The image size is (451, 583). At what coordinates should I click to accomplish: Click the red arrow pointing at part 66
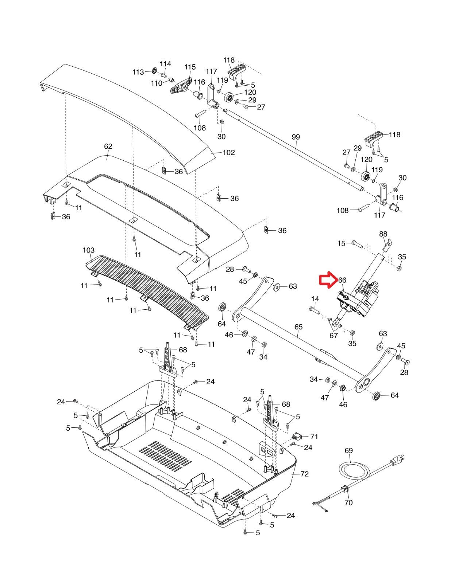328,279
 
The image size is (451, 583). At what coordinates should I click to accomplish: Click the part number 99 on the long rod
296,137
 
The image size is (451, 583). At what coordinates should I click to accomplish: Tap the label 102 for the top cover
229,152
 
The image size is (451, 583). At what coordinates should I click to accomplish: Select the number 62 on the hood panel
108,146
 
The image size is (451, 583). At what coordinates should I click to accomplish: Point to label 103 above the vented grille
88,250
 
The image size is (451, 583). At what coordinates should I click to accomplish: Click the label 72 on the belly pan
305,474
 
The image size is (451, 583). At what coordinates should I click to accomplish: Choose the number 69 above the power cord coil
349,450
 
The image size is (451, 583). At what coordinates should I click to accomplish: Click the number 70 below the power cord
348,502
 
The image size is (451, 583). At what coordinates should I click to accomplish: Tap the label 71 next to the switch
314,436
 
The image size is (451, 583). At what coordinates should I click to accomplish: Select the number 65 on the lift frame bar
298,327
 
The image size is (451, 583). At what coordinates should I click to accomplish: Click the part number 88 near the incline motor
383,234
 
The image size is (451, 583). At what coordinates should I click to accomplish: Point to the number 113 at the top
138,72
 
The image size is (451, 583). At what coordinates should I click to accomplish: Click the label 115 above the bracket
190,67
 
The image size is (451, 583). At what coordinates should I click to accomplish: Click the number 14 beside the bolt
315,299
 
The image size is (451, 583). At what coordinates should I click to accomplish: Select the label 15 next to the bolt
341,243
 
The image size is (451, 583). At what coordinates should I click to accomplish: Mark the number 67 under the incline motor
334,335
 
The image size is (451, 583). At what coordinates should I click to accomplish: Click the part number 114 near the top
165,64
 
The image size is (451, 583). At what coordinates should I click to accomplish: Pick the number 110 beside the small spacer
156,83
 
